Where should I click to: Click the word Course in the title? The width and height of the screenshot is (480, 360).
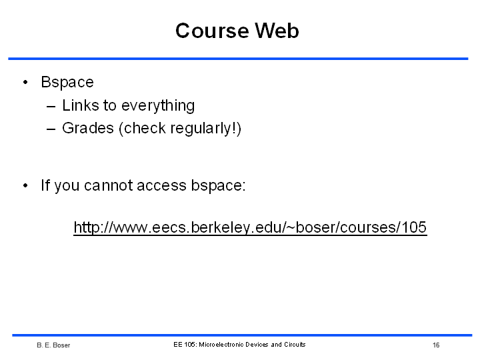coord(212,31)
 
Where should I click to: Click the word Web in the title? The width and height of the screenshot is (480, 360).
coord(277,31)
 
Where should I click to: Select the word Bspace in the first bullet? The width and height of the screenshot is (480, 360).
coord(67,83)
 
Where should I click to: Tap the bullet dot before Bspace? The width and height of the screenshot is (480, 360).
coord(25,82)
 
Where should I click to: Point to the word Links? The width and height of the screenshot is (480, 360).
coord(81,105)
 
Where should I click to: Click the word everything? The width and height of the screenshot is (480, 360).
coord(158,106)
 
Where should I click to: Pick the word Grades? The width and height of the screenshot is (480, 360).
coord(88,128)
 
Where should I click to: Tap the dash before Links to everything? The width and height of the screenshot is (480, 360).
coord(51,107)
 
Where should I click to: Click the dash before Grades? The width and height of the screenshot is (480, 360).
coord(51,129)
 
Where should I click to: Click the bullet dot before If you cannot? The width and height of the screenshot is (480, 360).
coord(25,185)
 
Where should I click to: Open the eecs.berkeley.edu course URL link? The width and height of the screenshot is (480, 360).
coord(250,228)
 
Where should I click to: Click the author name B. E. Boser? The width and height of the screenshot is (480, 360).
coord(53,345)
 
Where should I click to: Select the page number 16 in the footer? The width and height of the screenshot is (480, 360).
coord(436,345)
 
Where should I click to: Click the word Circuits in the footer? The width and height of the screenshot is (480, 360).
coord(295,345)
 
